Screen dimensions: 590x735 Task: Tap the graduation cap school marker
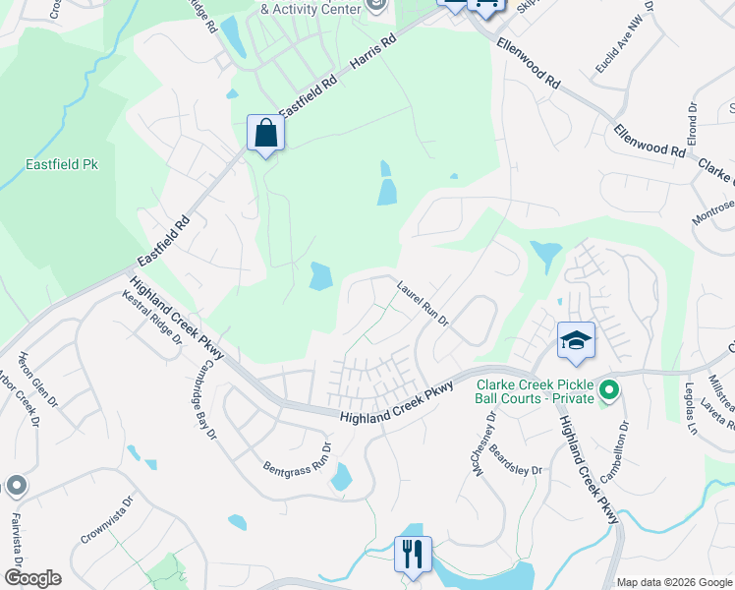(576, 340)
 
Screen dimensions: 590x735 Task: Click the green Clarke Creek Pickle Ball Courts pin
(608, 391)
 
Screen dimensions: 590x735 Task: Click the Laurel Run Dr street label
(423, 306)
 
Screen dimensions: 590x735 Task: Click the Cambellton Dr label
(621, 447)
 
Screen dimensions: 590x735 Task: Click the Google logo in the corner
(31, 578)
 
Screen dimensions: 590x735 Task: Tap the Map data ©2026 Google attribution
(673, 582)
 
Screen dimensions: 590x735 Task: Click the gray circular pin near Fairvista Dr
(17, 486)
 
